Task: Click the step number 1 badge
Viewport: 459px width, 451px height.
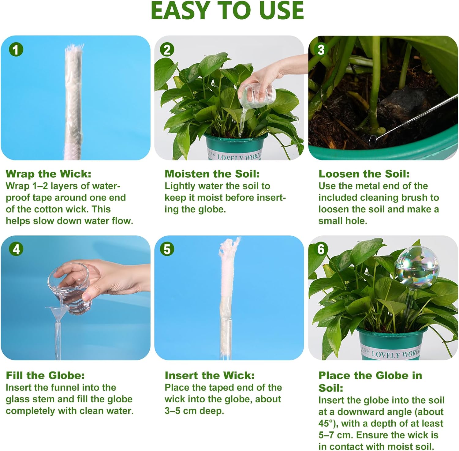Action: (16, 50)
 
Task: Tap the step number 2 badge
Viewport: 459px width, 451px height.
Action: (167, 50)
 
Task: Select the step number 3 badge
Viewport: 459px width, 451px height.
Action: (321, 50)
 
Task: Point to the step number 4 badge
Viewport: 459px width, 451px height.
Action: (16, 249)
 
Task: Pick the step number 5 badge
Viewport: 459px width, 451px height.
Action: (167, 249)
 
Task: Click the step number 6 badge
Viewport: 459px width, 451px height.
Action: (321, 249)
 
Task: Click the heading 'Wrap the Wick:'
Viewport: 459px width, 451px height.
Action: (48, 174)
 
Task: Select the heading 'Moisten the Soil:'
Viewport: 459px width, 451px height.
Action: (212, 174)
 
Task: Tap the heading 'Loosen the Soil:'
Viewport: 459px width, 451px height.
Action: (364, 174)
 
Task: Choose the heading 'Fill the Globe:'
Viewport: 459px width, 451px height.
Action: (45, 375)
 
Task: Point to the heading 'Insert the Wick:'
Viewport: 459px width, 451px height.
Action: (210, 375)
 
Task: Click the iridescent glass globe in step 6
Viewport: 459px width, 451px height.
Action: (417, 268)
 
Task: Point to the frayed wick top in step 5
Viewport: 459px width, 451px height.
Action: (230, 248)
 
